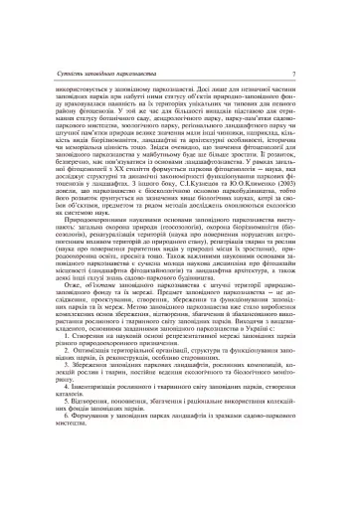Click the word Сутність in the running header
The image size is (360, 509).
75,76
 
